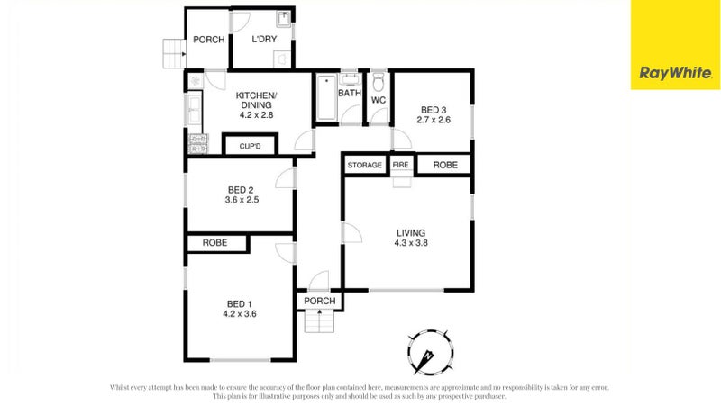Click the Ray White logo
pyautogui.click(x=674, y=73)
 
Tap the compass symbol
pyautogui.click(x=427, y=349)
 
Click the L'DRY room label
pyautogui.click(x=264, y=40)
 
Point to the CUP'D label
pyautogui.click(x=250, y=146)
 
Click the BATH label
pyautogui.click(x=349, y=94)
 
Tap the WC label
pyautogui.click(x=379, y=100)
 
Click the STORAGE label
pyautogui.click(x=365, y=166)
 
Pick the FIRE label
pyautogui.click(x=401, y=166)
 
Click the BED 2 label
pyautogui.click(x=239, y=189)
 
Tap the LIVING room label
pyautogui.click(x=410, y=233)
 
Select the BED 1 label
pyautogui.click(x=239, y=303)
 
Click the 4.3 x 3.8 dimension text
pyautogui.click(x=410, y=243)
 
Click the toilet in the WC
pyautogui.click(x=379, y=80)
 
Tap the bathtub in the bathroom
pyautogui.click(x=324, y=101)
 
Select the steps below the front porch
pyautogui.click(x=319, y=320)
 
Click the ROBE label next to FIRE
pyautogui.click(x=444, y=166)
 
